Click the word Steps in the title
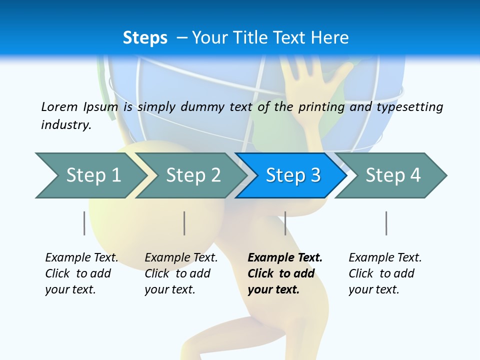(145, 38)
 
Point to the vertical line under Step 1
(84, 223)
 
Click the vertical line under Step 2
(184, 223)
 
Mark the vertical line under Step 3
(285, 223)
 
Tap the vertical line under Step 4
(386, 223)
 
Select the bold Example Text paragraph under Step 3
(285, 273)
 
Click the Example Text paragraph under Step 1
(81, 273)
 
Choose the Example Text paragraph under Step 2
(181, 273)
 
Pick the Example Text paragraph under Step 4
(385, 273)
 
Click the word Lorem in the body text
(59, 106)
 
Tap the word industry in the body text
(66, 125)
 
